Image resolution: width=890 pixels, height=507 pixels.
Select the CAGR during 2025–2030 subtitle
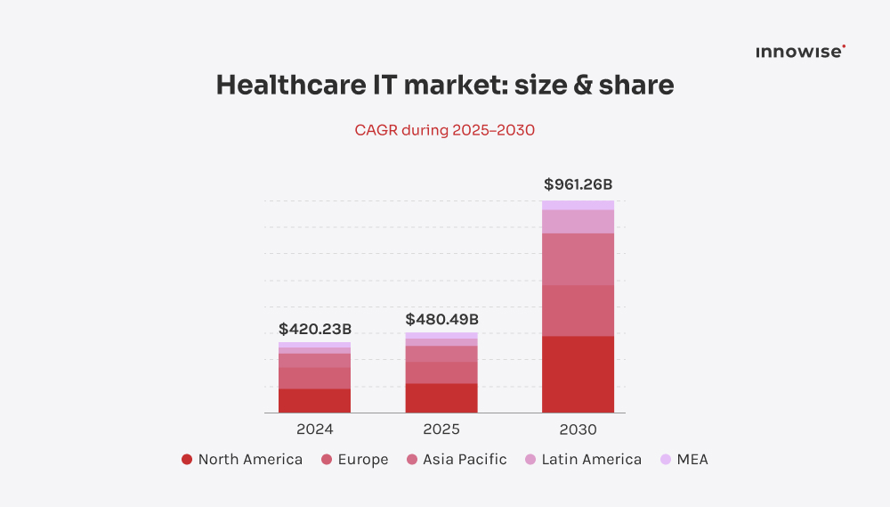[444, 130]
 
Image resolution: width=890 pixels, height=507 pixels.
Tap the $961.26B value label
[578, 185]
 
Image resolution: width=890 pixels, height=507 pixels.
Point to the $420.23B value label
[314, 329]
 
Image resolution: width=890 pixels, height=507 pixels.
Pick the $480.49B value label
[441, 319]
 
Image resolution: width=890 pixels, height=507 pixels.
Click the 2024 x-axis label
[314, 429]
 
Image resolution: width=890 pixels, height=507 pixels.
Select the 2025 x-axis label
[441, 429]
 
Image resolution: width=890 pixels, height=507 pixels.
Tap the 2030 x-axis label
[578, 429]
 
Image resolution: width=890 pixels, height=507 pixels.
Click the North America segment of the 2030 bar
[578, 374]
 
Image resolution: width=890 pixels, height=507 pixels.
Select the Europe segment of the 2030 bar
[578, 310]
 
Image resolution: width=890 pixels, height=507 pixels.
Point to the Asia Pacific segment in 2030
[578, 258]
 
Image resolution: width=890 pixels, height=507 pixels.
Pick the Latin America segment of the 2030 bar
[578, 221]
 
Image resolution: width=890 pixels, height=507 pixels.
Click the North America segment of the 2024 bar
[314, 401]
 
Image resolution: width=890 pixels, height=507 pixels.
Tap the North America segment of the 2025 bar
[441, 398]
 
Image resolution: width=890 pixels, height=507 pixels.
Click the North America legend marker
[187, 460]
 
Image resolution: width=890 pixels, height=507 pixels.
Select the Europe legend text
[362, 460]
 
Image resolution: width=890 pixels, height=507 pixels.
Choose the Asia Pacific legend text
[465, 460]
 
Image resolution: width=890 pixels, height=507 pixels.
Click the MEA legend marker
[666, 460]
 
